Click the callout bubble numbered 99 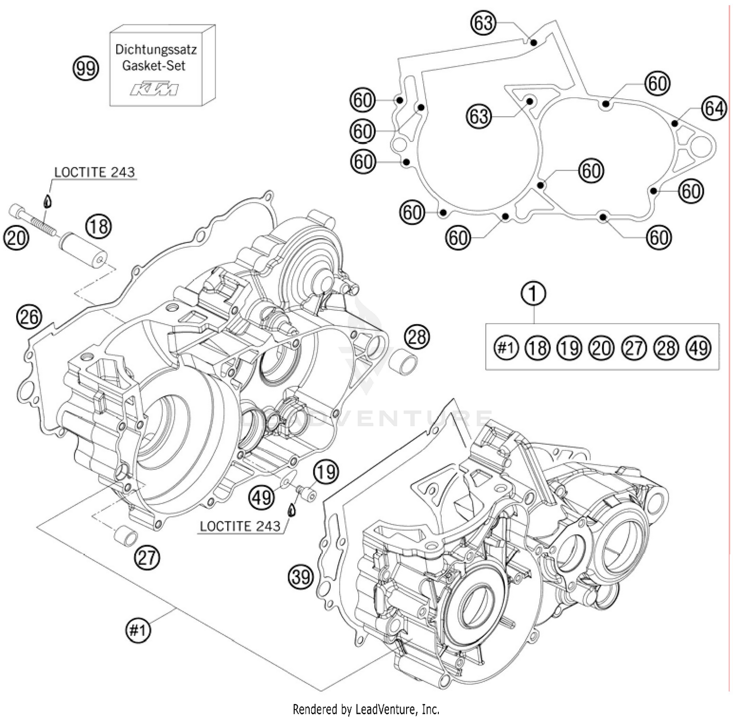pos(86,68)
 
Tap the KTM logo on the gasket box pos(154,89)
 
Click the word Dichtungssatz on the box pos(156,49)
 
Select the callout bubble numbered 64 pos(714,109)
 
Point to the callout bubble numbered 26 pos(29,317)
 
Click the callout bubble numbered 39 pos(301,577)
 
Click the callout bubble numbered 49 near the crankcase pos(261,498)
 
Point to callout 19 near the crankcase pos(325,472)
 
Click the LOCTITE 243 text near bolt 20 pos(94,173)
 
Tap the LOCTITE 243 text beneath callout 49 pos(240,526)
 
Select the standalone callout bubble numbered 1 pos(534,294)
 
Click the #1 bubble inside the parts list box pos(506,348)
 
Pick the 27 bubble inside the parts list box pos(634,348)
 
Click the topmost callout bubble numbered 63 pos(483,23)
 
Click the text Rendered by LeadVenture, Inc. pos(366,709)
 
